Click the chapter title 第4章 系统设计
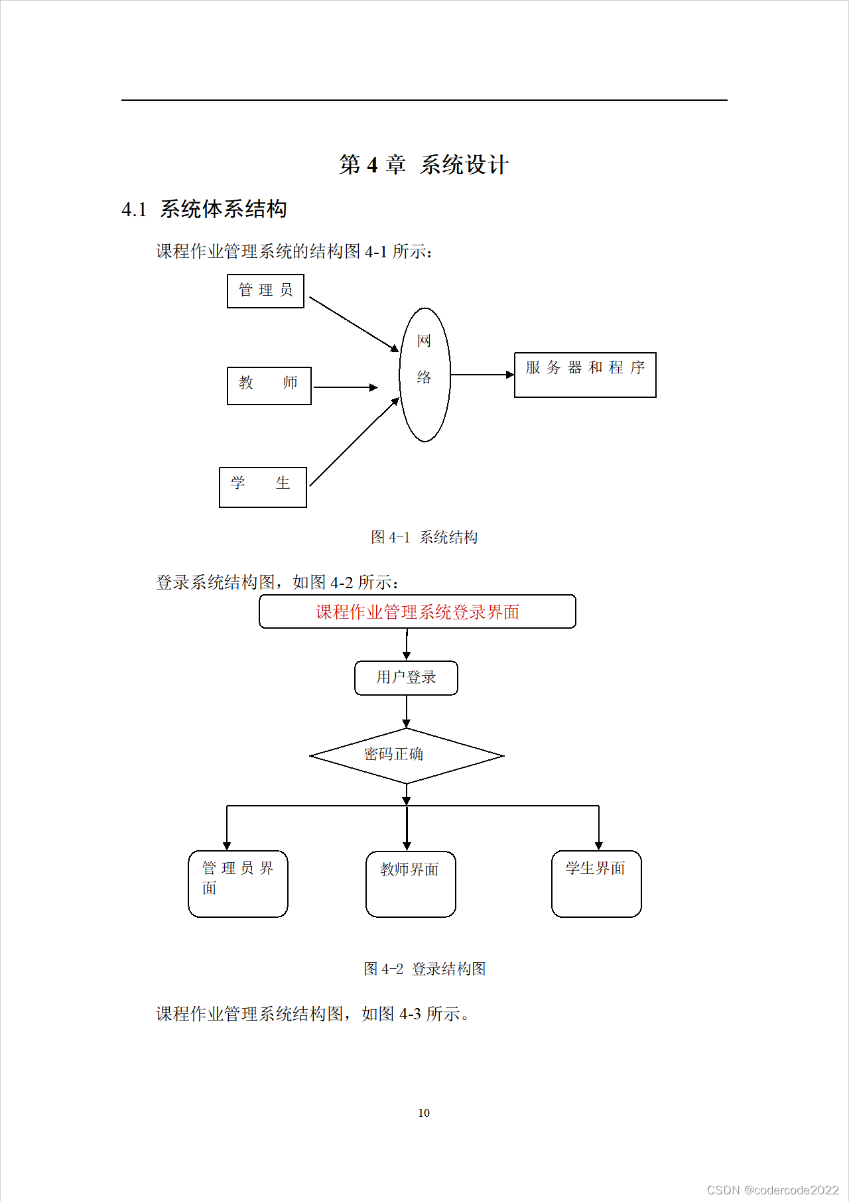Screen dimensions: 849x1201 pyautogui.click(x=424, y=164)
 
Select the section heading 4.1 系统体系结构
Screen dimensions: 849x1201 pyautogui.click(x=204, y=210)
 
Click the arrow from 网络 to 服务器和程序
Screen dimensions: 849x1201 pyautogui.click(x=482, y=375)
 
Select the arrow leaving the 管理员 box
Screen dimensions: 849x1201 pyautogui.click(x=354, y=324)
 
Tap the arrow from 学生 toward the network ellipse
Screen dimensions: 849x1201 pyautogui.click(x=354, y=442)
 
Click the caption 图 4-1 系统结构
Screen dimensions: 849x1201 pyautogui.click(x=424, y=537)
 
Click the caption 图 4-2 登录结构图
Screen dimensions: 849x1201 pyautogui.click(x=424, y=969)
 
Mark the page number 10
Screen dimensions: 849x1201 pyautogui.click(x=424, y=1113)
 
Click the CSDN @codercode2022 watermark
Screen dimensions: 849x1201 pyautogui.click(x=773, y=1190)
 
